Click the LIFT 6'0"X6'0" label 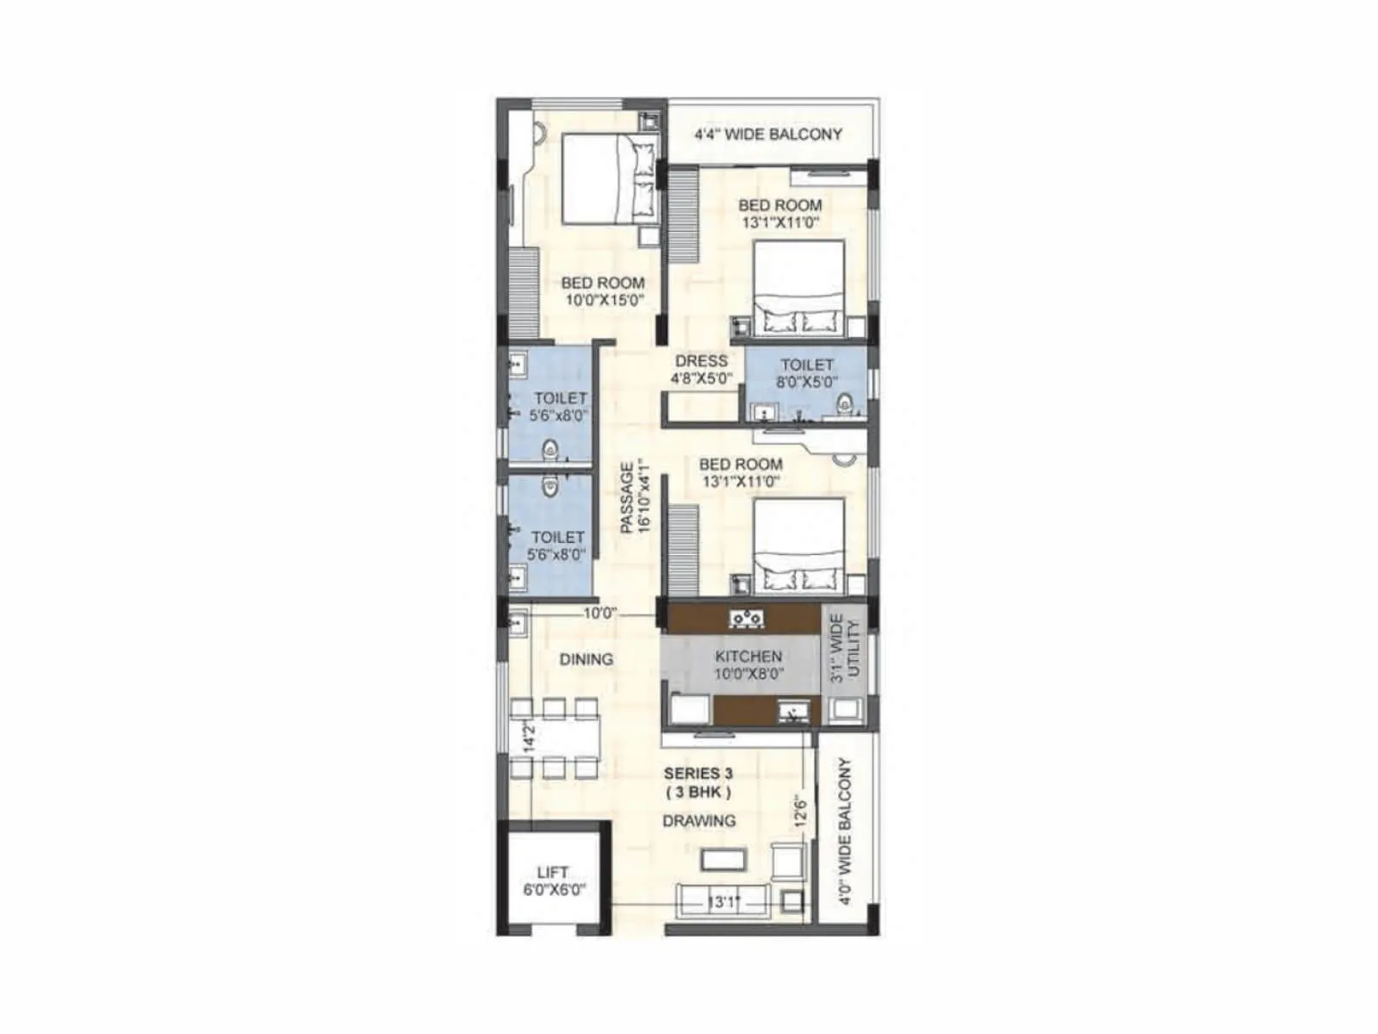(553, 881)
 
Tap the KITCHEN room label (748, 657)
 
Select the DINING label (587, 659)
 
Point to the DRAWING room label (699, 821)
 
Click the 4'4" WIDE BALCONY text (768, 134)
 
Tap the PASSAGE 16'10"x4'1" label (635, 497)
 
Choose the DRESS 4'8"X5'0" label (701, 369)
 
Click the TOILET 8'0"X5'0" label (807, 373)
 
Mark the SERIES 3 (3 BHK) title (698, 782)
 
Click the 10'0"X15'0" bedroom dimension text (605, 301)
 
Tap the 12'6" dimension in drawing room (801, 811)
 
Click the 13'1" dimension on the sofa (723, 902)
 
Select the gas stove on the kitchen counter (746, 618)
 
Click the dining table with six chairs (554, 738)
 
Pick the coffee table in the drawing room (723, 859)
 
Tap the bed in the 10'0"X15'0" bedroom (610, 179)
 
